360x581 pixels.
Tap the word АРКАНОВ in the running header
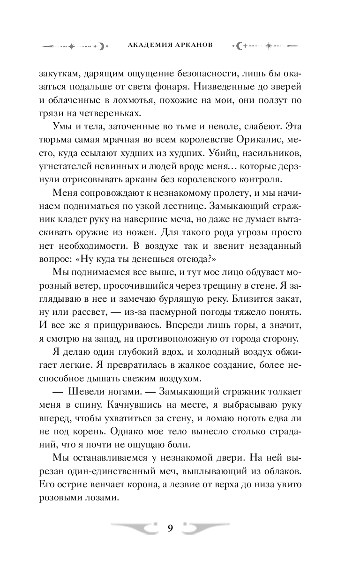(x=194, y=45)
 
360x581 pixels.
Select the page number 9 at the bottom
(x=170, y=528)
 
